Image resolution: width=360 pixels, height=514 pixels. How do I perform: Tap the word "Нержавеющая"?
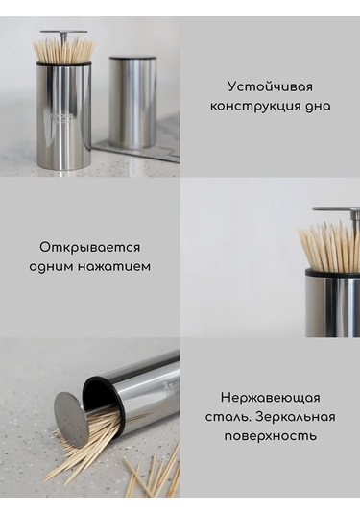pos(270,397)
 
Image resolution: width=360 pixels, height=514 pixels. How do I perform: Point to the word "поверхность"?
pos(270,435)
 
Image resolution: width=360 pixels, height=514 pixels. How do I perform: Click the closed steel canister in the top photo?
pos(132,101)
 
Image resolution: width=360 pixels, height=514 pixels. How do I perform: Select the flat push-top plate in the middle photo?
pos(336,211)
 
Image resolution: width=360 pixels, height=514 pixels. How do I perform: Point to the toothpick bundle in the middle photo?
pos(327,248)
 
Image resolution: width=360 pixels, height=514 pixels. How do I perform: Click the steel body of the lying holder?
pos(144,384)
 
